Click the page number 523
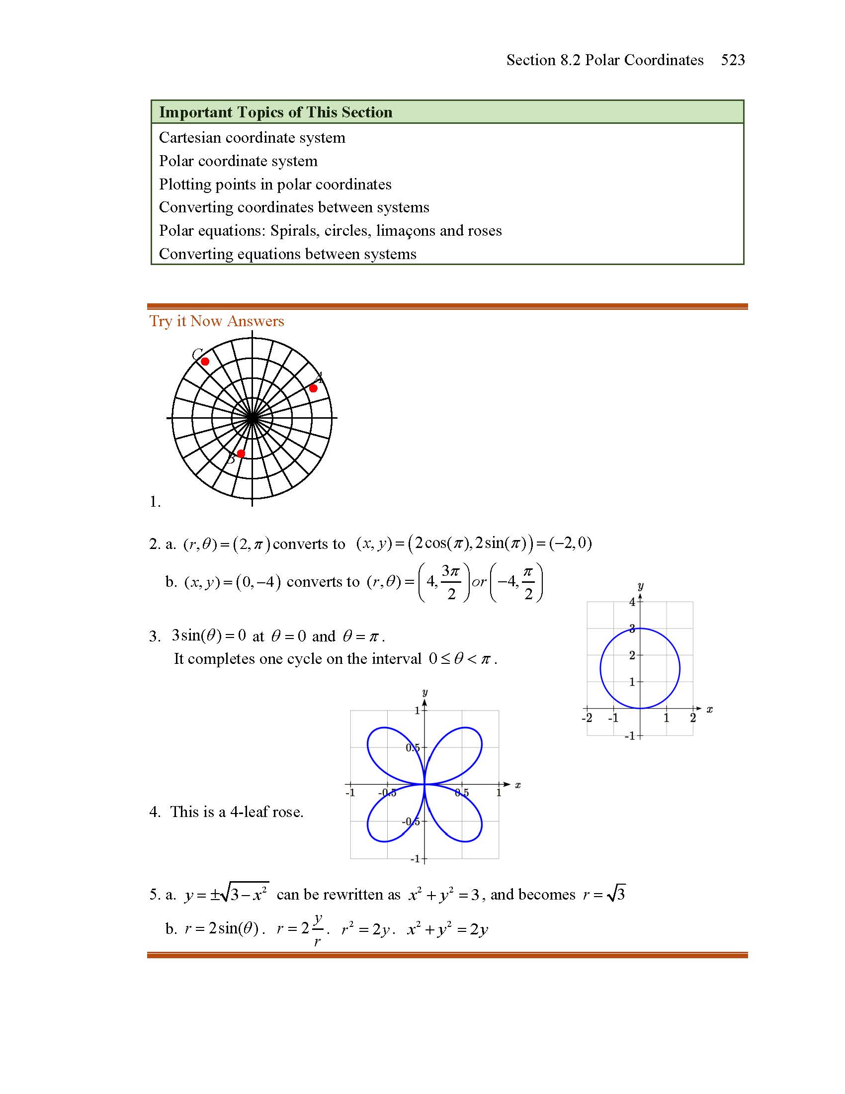coord(732,60)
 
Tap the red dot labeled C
coord(205,361)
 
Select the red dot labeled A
coord(313,388)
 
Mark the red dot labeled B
coord(241,454)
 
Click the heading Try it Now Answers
coord(216,321)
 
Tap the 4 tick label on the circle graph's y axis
coord(632,602)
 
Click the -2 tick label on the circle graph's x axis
coord(587,718)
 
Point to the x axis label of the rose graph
coord(517,785)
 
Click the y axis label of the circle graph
coord(640,586)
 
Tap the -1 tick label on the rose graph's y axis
coord(416,859)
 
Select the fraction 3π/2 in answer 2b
coord(450,582)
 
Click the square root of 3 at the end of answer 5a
coord(616,894)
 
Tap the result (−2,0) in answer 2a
coord(571,543)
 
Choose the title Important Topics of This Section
coord(275,112)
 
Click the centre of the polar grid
coord(252,418)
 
